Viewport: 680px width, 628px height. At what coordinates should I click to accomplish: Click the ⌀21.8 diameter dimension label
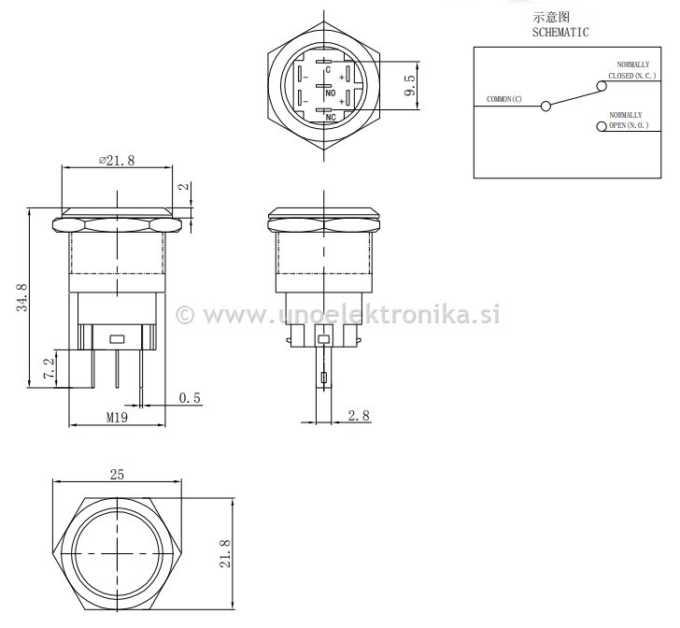coord(117,160)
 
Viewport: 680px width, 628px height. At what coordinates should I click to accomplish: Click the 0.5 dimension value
coord(190,398)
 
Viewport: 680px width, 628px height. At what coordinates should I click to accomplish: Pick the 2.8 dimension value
coord(358,415)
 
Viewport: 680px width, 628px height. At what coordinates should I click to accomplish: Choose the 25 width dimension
coord(117,475)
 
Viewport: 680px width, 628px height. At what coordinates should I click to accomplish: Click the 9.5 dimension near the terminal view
coord(409,88)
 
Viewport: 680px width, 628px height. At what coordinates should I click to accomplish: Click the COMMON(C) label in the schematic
coord(504,99)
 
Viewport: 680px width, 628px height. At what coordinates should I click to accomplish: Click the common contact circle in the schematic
coord(545,107)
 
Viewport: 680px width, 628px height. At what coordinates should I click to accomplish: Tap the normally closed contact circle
coord(601,86)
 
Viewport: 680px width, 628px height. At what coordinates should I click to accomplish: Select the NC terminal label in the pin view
coord(330,118)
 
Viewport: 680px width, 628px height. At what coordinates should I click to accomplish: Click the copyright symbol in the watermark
coord(185,315)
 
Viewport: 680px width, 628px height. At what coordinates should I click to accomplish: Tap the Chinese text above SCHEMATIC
coord(551,17)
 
